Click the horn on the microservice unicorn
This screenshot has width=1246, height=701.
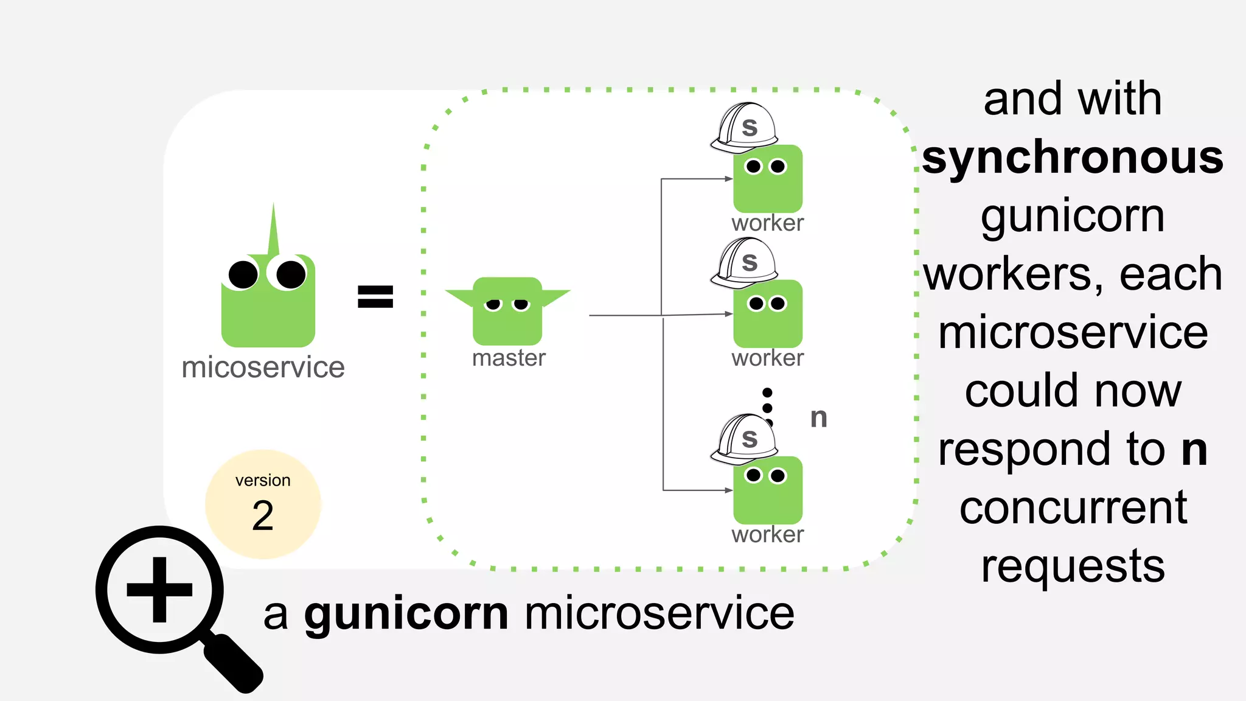point(273,231)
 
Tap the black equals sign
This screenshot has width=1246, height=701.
point(375,296)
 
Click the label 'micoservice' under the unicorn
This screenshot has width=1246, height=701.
point(263,368)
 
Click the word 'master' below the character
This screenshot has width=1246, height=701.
point(509,358)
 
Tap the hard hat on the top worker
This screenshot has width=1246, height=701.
point(745,128)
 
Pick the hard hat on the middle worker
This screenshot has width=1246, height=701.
point(745,263)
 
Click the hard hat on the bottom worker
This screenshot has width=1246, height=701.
point(745,439)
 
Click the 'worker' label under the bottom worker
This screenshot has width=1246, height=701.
point(767,534)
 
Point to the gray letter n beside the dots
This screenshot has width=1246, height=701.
point(818,417)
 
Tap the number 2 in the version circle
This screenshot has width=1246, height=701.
point(262,515)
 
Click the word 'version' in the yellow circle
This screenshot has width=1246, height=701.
point(263,480)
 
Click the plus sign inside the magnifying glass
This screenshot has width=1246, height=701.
point(159,590)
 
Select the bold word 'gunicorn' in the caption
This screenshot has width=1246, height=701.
point(406,613)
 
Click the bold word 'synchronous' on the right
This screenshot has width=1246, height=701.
point(1072,157)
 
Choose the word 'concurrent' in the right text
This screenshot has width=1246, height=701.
point(1073,507)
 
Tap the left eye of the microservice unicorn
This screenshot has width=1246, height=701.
point(243,274)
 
